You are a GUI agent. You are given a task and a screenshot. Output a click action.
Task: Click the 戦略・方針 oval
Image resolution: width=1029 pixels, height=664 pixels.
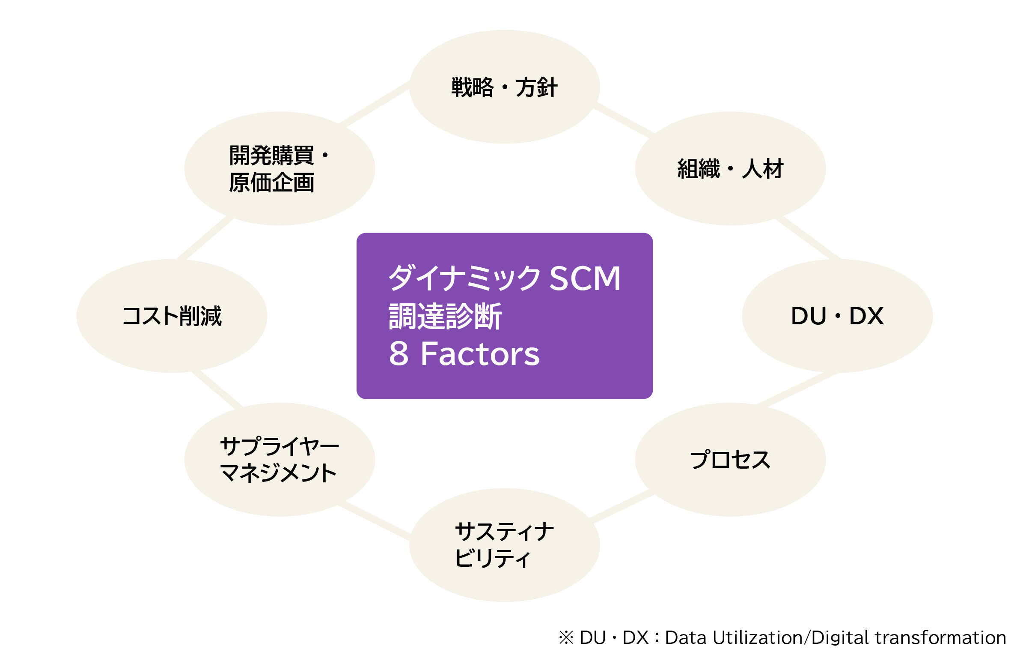pos(504,87)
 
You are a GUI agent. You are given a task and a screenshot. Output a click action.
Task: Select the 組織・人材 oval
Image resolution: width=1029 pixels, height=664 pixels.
pos(730,168)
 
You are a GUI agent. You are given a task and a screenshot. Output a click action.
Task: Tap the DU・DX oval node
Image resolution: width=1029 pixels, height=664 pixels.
pos(837,316)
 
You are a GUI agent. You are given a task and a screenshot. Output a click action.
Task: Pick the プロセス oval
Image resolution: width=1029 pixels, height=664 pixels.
pos(730,460)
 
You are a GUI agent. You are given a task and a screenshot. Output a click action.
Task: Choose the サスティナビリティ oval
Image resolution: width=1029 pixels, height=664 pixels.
pos(504,545)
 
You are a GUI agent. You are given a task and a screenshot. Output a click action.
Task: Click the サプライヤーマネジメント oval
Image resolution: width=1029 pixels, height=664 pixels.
pos(279,460)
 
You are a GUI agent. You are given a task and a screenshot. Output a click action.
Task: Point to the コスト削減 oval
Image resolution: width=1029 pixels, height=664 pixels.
pos(171,316)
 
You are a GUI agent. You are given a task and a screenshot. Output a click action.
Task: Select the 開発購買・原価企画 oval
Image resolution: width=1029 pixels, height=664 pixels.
pos(279,168)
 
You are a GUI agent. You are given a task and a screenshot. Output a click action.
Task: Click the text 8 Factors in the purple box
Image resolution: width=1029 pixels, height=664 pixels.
pos(464,354)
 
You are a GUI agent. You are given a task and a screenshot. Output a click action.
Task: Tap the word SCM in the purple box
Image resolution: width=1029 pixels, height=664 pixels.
pos(585,278)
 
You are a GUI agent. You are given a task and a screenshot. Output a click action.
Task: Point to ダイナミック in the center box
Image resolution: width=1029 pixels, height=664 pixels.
pos(464,278)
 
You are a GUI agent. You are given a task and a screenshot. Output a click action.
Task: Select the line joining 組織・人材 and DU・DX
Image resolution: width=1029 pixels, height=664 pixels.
pos(808,239)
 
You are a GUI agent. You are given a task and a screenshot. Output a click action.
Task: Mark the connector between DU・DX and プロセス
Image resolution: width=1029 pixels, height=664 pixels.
pos(797,389)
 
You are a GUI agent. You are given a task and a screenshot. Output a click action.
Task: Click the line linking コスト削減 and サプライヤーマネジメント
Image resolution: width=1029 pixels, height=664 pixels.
pos(217,389)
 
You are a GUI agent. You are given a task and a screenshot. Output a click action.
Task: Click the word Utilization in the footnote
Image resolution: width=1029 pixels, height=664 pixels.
pos(757,637)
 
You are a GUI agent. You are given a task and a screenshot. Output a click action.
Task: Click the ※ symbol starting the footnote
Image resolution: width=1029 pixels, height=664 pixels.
pos(566,637)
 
